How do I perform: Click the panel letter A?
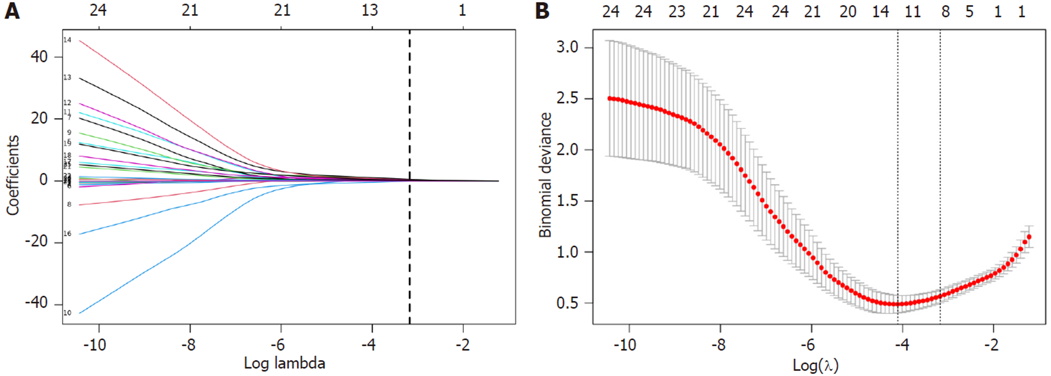coord(12,11)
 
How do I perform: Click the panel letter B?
coord(542,11)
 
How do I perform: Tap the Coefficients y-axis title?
coord(13,175)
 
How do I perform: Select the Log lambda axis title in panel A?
coord(284,363)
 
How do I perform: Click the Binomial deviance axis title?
coord(545,175)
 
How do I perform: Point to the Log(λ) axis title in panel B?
coord(815,365)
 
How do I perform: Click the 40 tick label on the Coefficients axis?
coord(39,57)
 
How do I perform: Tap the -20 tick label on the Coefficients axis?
coord(36,242)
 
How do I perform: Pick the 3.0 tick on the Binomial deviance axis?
coord(568,47)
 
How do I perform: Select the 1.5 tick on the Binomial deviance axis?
coord(568,201)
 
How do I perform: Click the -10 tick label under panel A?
coord(95,345)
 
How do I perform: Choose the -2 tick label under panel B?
coord(991,345)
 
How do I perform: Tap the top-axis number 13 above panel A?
coord(370,11)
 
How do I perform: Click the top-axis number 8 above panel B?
coord(945,11)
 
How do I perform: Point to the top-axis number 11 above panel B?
coord(913,11)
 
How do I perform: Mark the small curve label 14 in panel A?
coord(67,40)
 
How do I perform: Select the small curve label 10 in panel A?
coord(67,313)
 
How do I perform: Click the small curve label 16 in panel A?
coord(67,234)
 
